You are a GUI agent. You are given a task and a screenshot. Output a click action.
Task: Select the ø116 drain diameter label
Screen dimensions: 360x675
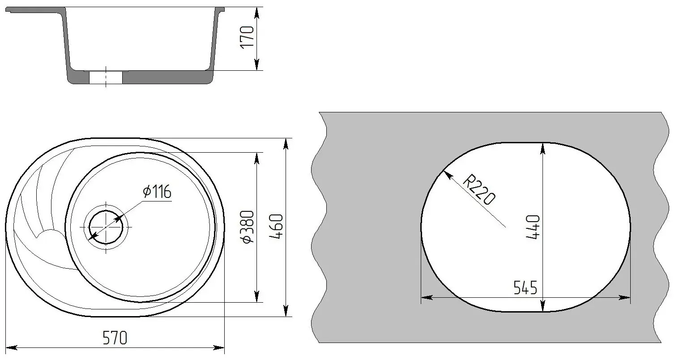157,192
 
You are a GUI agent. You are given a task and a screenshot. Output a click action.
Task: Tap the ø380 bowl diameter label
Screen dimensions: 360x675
248,227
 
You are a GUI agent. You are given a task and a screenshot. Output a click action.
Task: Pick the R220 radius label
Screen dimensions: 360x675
479,190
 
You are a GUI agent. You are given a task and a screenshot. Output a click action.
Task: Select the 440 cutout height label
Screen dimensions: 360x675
533,227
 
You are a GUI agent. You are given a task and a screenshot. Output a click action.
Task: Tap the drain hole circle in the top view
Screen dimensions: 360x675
106,227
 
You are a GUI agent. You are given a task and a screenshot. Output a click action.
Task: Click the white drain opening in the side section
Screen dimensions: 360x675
106,78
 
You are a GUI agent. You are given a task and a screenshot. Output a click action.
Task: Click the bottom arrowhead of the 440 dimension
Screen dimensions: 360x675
543,307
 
